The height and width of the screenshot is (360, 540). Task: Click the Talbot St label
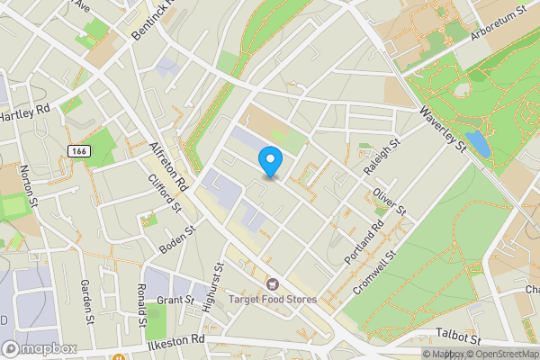tap(458, 335)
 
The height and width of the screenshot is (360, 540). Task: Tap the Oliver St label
tap(391, 200)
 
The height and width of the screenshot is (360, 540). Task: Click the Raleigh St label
tap(382, 157)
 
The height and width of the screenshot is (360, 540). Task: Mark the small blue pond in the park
tap(478, 144)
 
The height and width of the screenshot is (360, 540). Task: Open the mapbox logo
tap(39, 348)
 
